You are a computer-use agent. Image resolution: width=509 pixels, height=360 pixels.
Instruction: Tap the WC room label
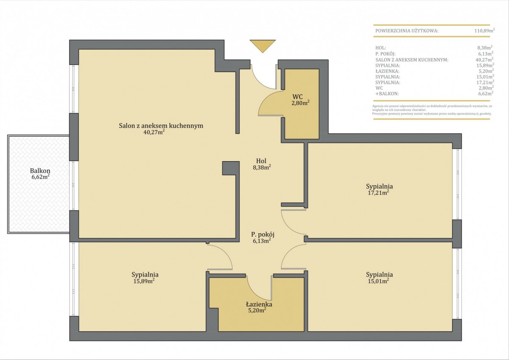pos(297,97)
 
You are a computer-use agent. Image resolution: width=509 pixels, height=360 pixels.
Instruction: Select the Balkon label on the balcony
pos(40,170)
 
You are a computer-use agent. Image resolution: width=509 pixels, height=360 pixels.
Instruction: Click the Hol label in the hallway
pos(261,161)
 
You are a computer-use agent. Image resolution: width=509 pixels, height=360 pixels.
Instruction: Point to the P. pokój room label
pos(262,234)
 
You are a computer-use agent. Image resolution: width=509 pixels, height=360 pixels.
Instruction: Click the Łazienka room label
pos(259,304)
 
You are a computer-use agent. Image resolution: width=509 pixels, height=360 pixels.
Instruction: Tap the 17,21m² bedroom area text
pos(378,193)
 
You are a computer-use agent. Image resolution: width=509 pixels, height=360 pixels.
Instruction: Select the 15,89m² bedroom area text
pos(144,281)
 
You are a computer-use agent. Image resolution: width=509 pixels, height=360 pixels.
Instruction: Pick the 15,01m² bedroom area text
pos(378,281)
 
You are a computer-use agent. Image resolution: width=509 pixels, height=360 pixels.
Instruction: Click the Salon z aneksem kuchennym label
pos(161,126)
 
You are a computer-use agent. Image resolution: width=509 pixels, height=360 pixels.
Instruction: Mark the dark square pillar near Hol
pos(231,168)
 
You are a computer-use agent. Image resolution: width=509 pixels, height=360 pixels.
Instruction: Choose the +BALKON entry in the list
pos(387,94)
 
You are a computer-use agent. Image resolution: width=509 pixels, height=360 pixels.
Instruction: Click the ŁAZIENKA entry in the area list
pos(387,71)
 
